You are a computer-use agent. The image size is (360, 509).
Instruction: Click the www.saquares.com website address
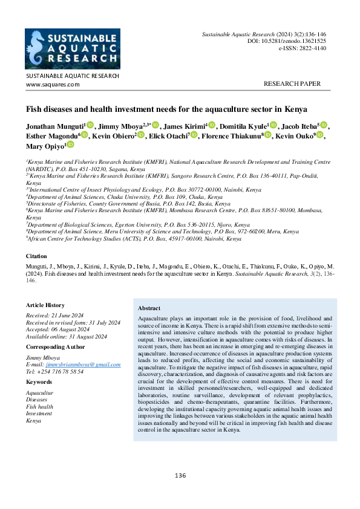coord(53,85)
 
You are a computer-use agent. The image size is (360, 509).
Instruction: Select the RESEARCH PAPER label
coord(292,84)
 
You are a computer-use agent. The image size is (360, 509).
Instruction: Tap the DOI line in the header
coord(287,41)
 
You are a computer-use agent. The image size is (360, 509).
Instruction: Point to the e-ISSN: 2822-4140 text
coord(303,48)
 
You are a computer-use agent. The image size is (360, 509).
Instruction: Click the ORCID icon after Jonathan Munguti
coord(90,125)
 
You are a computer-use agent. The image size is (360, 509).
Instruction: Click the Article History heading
coord(45,305)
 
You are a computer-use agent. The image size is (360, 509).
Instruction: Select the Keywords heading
coord(39,382)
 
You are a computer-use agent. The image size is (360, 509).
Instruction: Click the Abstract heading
coord(149,308)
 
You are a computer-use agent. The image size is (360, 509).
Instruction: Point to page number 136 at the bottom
coord(180,476)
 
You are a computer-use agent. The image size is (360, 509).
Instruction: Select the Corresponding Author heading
coord(56,347)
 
